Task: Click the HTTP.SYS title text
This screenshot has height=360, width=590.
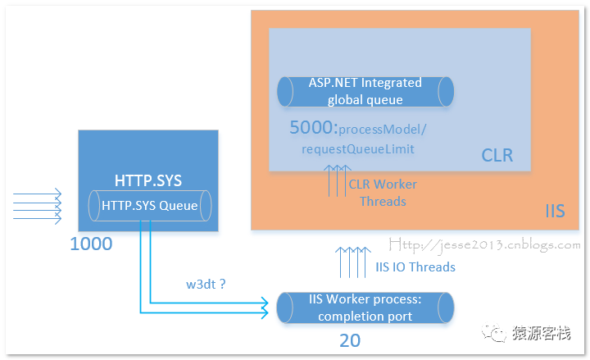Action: pyautogui.click(x=148, y=180)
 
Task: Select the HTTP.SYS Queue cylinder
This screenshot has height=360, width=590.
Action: pyautogui.click(x=150, y=206)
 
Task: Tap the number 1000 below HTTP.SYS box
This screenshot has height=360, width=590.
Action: pyautogui.click(x=91, y=244)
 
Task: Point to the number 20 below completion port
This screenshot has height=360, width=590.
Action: pyautogui.click(x=350, y=341)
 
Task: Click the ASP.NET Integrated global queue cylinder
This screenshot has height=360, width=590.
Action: pyautogui.click(x=365, y=92)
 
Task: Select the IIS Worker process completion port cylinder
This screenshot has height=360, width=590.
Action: pyautogui.click(x=365, y=308)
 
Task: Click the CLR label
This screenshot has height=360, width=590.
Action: pyautogui.click(x=497, y=155)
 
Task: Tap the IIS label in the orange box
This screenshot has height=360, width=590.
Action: pyautogui.click(x=555, y=212)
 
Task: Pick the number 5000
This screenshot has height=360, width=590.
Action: pyautogui.click(x=313, y=127)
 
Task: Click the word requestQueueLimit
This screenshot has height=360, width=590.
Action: pyautogui.click(x=358, y=149)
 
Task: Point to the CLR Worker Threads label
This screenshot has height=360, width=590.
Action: pyautogui.click(x=383, y=193)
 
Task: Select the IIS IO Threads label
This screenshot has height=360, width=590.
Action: pyautogui.click(x=415, y=267)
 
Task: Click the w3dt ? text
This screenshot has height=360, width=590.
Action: pyautogui.click(x=206, y=284)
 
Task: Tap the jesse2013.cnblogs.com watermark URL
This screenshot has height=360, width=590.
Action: pyautogui.click(x=484, y=245)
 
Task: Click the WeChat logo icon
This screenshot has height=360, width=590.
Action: pyautogui.click(x=494, y=332)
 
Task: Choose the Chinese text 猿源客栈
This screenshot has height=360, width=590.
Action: pyautogui.click(x=541, y=333)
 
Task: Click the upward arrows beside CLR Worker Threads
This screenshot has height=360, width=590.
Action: pyautogui.click(x=338, y=180)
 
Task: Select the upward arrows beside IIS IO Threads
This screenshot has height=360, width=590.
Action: pyautogui.click(x=353, y=262)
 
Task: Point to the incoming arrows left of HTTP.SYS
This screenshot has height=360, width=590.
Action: pyautogui.click(x=37, y=207)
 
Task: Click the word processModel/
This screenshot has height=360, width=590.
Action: pyautogui.click(x=383, y=130)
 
